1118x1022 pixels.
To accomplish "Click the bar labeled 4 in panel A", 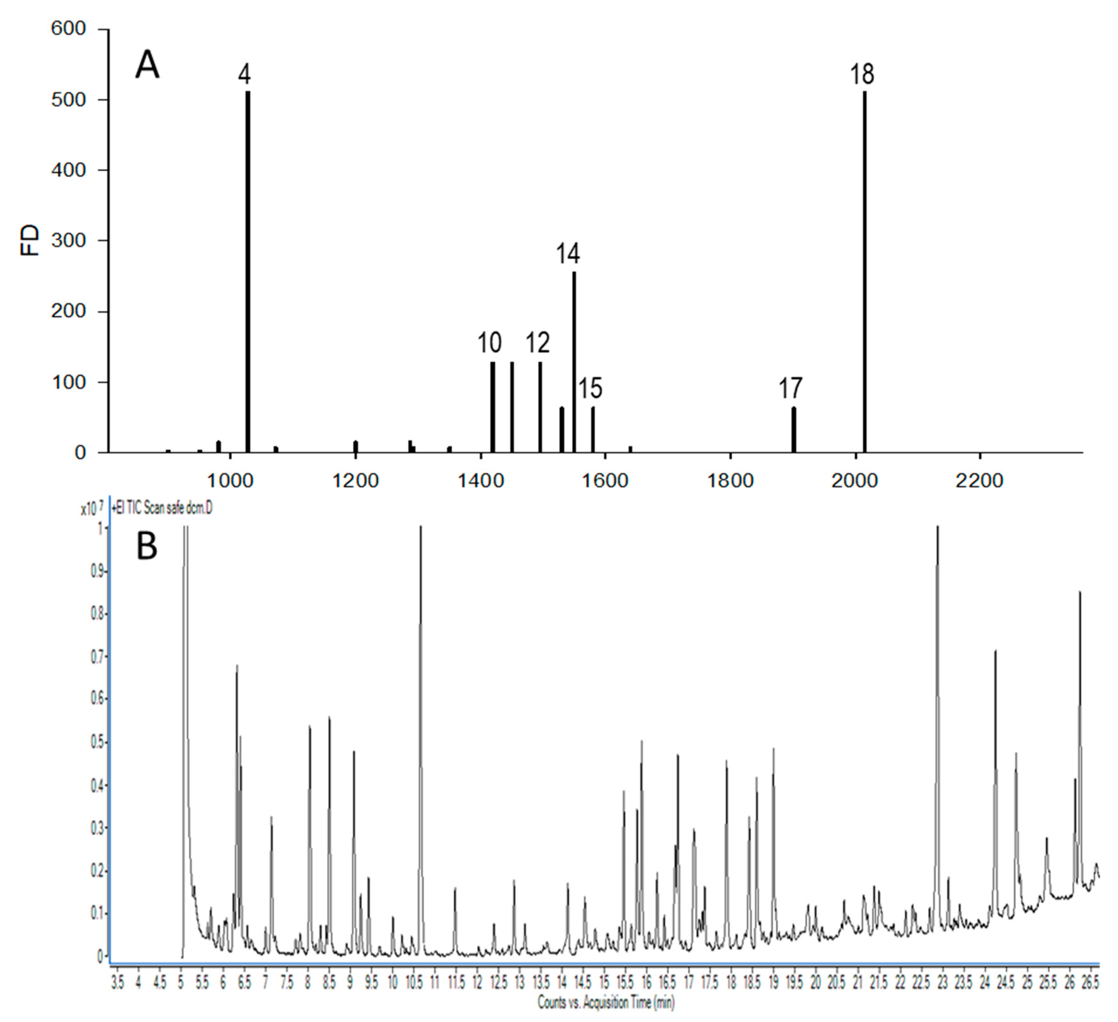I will (247, 272).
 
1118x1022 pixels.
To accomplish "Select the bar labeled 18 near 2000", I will (864, 272).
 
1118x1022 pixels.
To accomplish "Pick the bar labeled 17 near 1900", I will (794, 430).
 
